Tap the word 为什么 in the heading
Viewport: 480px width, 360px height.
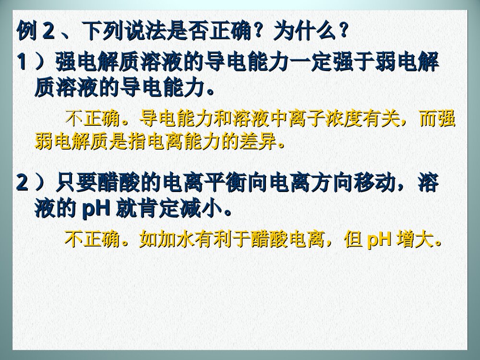(301, 33)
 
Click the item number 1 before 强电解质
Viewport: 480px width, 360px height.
(22, 62)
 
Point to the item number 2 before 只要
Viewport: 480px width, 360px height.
(22, 183)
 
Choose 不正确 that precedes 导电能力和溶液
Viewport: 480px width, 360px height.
(93, 118)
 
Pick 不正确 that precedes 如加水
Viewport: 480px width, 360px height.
(93, 239)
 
